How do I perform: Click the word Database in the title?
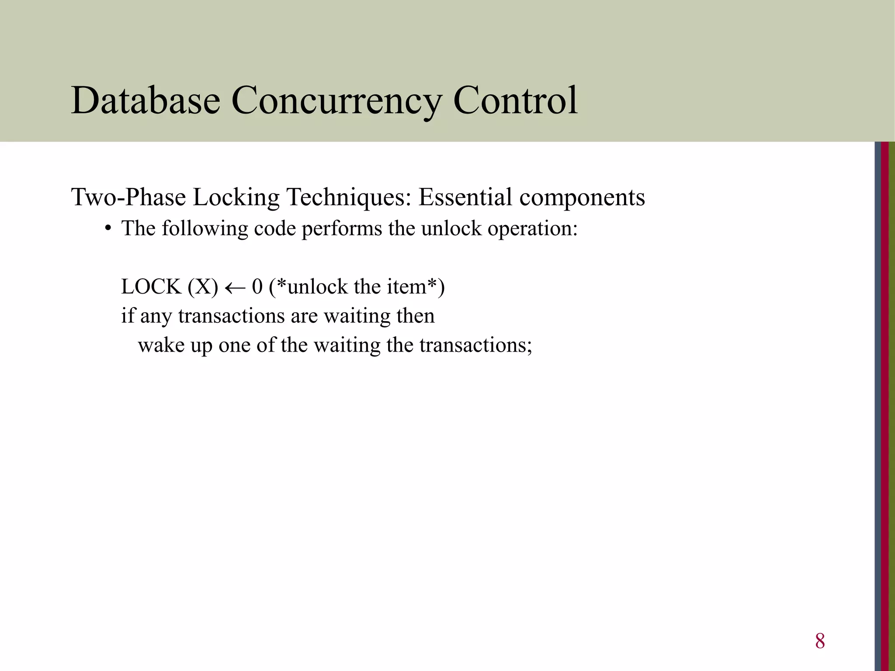[146, 100]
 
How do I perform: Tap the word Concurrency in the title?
[336, 101]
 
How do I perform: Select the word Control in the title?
[515, 100]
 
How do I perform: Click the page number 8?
[820, 641]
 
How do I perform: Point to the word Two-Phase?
[128, 197]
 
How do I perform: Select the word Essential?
[465, 197]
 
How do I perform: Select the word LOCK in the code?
[151, 287]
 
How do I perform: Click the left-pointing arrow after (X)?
[235, 288]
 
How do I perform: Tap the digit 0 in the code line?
[257, 287]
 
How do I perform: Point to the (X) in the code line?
[203, 287]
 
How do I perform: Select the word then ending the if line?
[416, 316]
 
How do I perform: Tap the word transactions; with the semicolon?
[476, 345]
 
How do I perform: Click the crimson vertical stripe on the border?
[885, 406]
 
